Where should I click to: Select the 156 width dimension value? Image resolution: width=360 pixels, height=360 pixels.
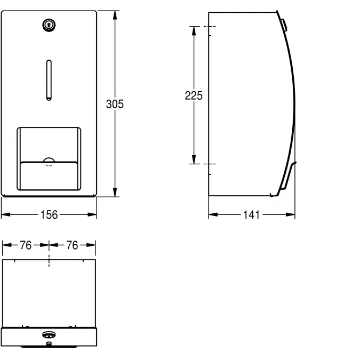(x=49, y=215)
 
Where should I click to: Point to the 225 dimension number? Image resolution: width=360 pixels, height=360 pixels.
(x=194, y=95)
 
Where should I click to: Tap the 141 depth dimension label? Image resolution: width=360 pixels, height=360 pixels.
(x=251, y=215)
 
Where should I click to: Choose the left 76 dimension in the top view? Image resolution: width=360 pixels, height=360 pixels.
(x=26, y=245)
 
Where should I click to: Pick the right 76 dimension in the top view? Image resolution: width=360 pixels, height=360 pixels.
(x=72, y=245)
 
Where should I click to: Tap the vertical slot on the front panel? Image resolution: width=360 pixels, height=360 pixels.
(x=49, y=80)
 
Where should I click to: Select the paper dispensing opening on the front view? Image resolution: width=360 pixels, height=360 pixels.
(x=49, y=158)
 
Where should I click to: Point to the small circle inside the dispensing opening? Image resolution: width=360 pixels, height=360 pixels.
(x=49, y=162)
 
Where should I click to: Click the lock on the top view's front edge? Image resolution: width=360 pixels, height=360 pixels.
(x=49, y=335)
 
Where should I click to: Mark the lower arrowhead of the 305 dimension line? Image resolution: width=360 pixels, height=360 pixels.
(x=115, y=193)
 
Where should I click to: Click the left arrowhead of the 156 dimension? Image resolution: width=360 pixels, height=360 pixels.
(x=5, y=215)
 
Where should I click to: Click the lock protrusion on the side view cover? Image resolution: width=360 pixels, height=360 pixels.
(x=285, y=25)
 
